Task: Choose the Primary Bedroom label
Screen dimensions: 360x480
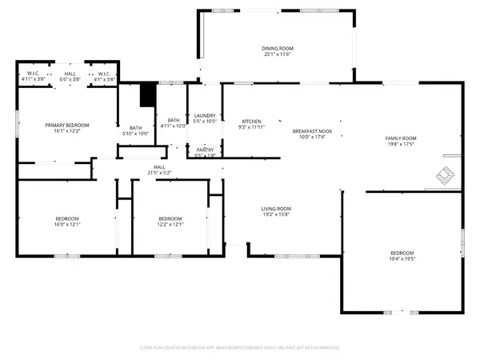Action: pyautogui.click(x=66, y=128)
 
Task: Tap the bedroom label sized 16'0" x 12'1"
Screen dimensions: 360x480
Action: pyautogui.click(x=67, y=222)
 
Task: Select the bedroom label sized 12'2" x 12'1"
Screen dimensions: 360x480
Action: pyautogui.click(x=170, y=222)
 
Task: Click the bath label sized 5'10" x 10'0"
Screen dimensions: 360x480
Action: pyautogui.click(x=135, y=130)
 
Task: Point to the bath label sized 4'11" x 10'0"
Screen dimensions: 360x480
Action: pyautogui.click(x=173, y=122)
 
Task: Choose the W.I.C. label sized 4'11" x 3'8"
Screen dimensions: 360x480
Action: pyautogui.click(x=33, y=76)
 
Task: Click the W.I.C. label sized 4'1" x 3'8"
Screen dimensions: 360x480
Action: pyautogui.click(x=105, y=76)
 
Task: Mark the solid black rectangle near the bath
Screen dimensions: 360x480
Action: pyautogui.click(x=146, y=94)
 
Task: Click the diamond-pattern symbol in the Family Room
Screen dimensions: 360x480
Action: pyautogui.click(x=446, y=174)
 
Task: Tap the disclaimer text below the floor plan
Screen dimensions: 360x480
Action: pyautogui.click(x=240, y=348)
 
